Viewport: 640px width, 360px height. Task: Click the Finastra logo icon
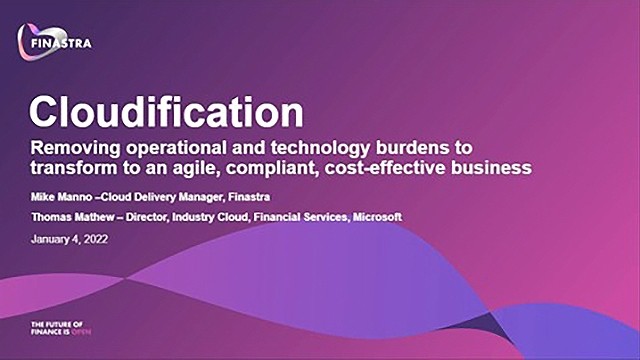pyautogui.click(x=39, y=39)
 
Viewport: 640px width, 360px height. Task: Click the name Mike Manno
pyautogui.click(x=63, y=197)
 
